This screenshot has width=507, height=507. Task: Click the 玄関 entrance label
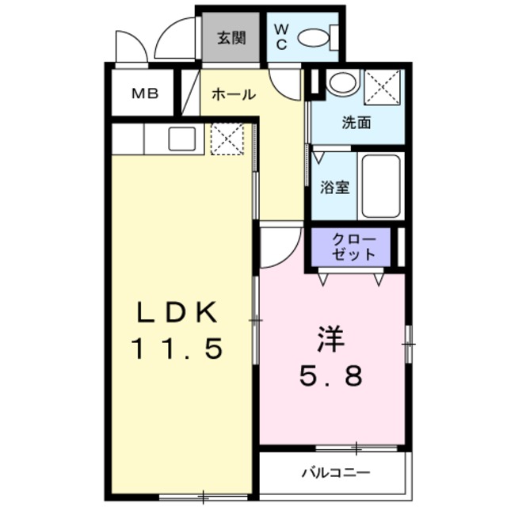click(x=231, y=37)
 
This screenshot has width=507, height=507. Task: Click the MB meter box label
click(x=145, y=94)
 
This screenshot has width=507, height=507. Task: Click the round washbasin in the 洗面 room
click(x=341, y=82)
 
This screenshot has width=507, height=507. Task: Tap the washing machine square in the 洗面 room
click(x=383, y=86)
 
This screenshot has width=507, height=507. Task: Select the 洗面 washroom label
click(x=356, y=123)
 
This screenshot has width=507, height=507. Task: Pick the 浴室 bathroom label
click(x=335, y=188)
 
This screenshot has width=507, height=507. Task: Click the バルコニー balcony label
click(x=334, y=473)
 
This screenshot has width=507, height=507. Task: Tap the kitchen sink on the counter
click(x=183, y=139)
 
